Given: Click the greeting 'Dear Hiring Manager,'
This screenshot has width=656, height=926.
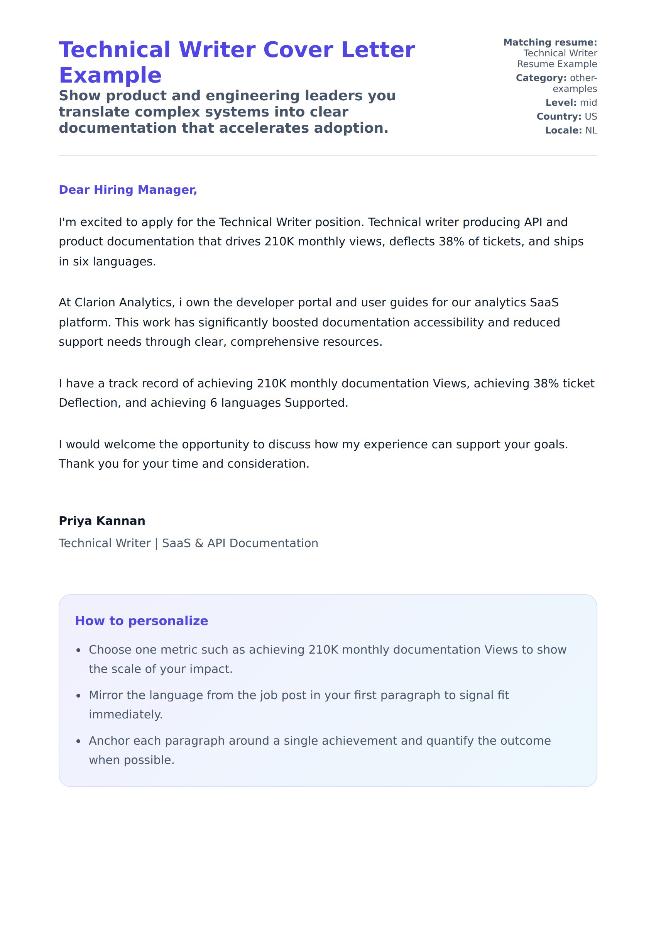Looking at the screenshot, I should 128,190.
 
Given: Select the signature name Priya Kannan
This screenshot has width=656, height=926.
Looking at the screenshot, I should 102,520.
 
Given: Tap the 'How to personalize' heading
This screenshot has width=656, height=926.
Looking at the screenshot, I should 141,621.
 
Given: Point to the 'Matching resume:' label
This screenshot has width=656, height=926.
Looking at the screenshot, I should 550,42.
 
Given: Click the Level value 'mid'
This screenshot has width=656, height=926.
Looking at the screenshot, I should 588,103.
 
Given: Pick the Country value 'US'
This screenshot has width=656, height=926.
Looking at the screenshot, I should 590,116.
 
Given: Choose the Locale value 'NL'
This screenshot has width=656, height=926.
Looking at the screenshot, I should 591,130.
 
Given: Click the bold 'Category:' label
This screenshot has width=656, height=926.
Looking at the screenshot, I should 541,78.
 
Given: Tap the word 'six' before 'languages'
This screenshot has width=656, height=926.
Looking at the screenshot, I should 80,262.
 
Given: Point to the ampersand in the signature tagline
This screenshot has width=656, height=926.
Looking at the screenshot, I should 199,543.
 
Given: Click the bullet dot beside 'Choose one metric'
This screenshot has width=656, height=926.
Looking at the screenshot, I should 79,650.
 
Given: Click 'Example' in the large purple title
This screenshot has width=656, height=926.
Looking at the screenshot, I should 110,75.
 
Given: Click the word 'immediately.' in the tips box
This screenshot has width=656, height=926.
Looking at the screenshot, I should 126,715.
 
